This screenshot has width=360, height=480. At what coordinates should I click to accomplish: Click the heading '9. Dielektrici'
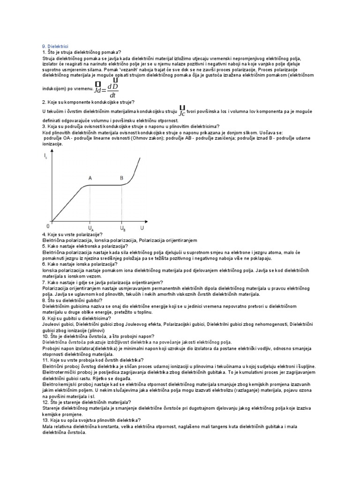click(55, 47)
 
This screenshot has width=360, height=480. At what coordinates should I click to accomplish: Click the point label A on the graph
click(90, 178)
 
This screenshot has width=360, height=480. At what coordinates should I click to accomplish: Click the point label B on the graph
click(121, 178)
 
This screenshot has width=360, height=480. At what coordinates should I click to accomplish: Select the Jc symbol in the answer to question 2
click(181, 111)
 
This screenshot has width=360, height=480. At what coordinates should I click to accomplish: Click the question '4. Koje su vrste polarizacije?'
click(73, 234)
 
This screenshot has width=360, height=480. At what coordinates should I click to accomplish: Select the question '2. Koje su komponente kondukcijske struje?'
click(88, 102)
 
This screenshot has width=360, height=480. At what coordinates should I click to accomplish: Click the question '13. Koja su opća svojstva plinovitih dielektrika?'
click(92, 420)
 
